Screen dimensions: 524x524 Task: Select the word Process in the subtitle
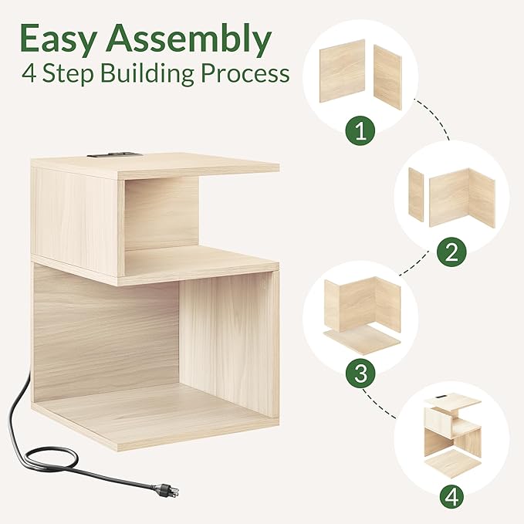coord(245,73)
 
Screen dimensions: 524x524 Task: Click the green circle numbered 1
coord(360,130)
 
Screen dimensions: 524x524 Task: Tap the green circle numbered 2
coord(451,252)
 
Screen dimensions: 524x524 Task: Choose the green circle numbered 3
coord(360,373)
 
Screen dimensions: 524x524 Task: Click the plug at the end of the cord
coord(168,490)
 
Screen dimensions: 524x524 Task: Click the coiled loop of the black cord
coord(53,458)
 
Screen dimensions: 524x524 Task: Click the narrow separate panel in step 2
coord(416,194)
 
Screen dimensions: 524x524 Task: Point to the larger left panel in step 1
coord(342,71)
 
